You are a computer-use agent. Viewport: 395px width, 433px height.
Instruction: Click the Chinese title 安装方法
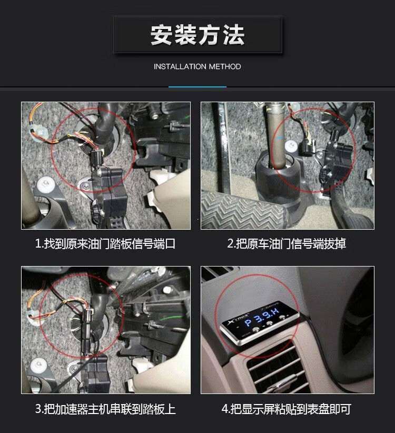click(197, 35)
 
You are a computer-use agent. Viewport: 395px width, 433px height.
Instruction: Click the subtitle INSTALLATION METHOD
click(197, 66)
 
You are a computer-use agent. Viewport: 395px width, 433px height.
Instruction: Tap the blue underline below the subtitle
click(197, 87)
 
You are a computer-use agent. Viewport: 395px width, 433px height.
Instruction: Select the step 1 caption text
click(105, 244)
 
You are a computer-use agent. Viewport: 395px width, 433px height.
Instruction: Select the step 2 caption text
click(287, 243)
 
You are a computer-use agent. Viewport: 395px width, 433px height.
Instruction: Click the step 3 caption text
click(105, 409)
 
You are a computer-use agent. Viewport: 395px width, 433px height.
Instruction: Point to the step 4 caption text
click(287, 409)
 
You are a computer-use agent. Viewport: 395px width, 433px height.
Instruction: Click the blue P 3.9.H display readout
click(262, 318)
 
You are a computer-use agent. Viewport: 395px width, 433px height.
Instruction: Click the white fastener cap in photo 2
click(290, 146)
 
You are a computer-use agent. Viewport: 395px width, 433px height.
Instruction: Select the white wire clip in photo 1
click(38, 130)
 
